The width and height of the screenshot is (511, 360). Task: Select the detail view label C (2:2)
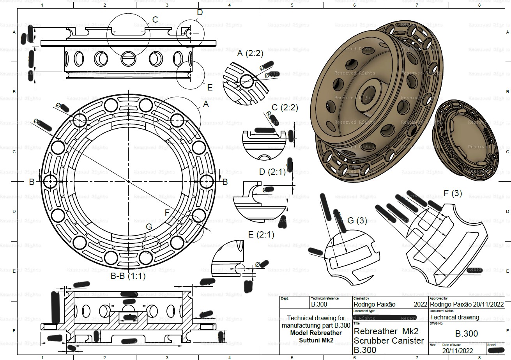(x=285, y=108)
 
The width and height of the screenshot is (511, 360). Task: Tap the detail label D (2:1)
(x=272, y=172)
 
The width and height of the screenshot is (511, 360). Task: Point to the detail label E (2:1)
(x=261, y=235)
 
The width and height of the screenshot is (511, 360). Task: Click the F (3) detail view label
(x=453, y=193)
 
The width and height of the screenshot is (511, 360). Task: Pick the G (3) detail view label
(x=357, y=220)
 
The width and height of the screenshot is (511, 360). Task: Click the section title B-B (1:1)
(x=128, y=277)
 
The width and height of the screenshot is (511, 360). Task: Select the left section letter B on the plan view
(x=32, y=182)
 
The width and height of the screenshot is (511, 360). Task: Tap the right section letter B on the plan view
(x=225, y=182)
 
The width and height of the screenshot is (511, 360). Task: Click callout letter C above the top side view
(x=155, y=20)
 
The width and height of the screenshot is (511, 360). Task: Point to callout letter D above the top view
(x=200, y=12)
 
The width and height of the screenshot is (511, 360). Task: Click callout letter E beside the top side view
(x=210, y=88)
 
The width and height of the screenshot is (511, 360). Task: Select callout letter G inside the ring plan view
(x=149, y=227)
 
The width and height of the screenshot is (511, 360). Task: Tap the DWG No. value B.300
(x=467, y=334)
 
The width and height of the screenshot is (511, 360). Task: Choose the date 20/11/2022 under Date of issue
(x=459, y=350)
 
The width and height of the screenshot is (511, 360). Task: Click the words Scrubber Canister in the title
(x=389, y=340)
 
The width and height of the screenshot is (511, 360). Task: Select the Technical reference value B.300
(x=319, y=304)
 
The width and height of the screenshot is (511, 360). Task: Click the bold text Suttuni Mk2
(x=316, y=340)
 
